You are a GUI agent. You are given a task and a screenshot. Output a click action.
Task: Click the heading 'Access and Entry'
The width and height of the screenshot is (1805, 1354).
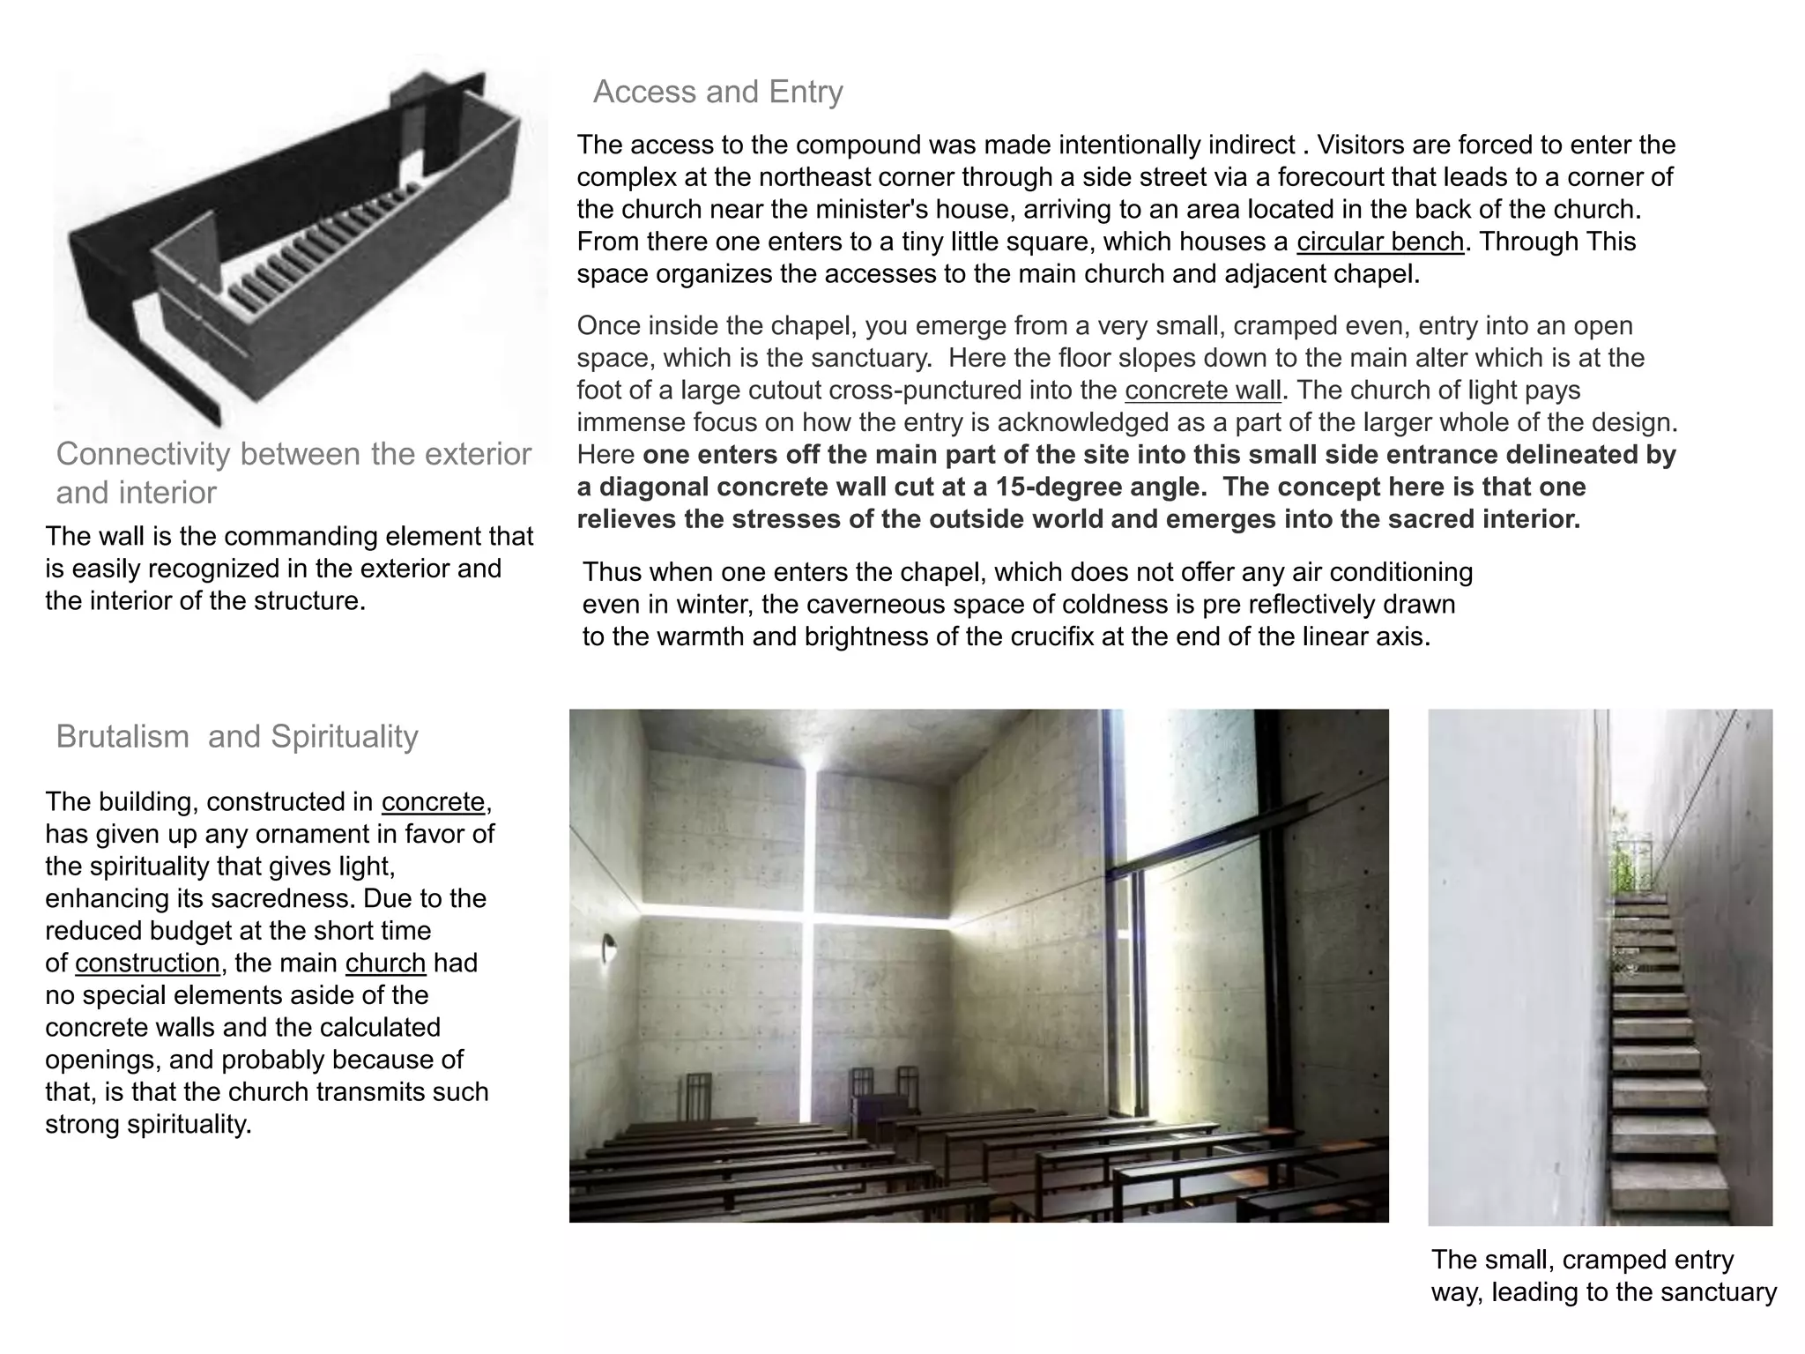[x=717, y=92]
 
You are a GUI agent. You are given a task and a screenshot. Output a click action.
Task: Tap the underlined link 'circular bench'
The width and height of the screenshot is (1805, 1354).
[x=1379, y=242]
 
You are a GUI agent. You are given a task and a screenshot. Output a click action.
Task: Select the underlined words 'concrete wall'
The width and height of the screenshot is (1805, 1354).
[x=1202, y=391]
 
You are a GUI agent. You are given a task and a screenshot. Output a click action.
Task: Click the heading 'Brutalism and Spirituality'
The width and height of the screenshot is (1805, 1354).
[x=236, y=736]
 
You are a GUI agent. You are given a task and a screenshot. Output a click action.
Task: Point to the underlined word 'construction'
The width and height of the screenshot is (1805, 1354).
[x=147, y=963]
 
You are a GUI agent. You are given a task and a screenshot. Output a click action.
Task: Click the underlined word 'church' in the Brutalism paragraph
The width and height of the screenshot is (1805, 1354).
[x=385, y=963]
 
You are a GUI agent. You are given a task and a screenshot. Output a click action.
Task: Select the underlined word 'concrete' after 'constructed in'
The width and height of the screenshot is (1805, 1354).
[x=433, y=801]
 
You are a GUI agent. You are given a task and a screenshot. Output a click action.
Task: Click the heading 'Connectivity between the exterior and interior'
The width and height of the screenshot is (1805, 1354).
[x=293, y=472]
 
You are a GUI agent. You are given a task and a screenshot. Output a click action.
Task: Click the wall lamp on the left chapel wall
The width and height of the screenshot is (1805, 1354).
[x=608, y=950]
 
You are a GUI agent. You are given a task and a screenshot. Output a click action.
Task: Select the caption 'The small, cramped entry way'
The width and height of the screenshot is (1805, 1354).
[x=1602, y=1276]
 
